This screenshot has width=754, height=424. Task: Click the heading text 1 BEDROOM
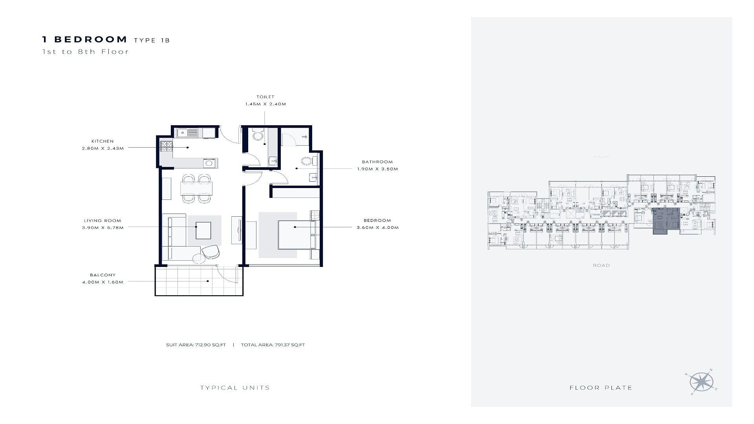point(85,39)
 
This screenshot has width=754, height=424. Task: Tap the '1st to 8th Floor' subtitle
point(86,51)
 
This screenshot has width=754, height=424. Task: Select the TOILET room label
point(265,97)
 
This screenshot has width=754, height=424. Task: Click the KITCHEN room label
point(102,141)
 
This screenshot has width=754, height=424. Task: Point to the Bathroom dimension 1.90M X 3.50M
point(377,169)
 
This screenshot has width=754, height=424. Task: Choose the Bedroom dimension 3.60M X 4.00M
point(377,228)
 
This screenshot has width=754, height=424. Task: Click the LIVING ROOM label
point(102,221)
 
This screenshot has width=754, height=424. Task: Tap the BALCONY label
point(102,275)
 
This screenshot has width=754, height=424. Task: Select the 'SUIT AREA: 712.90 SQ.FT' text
point(196,345)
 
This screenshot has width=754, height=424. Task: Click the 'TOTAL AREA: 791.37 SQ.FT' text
point(273,345)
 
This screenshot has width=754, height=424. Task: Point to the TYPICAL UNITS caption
point(235,388)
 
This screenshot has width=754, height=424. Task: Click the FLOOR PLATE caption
point(601,388)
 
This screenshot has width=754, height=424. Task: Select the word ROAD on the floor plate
point(601,265)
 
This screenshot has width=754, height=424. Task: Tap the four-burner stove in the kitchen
point(166,146)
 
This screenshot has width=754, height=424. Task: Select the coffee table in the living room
point(203,230)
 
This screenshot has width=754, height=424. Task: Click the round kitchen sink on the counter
point(209,163)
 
